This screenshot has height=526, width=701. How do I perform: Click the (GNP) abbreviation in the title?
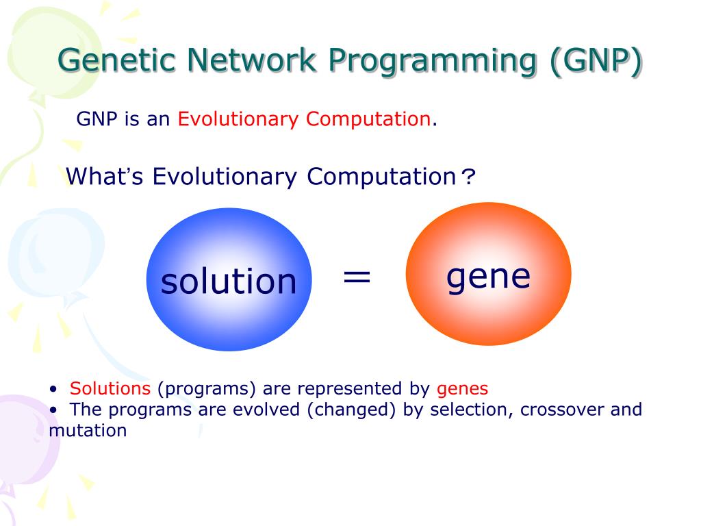coord(595,61)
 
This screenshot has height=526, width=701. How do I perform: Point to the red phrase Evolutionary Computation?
coord(304,119)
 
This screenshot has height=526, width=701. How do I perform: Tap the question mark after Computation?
coord(468,178)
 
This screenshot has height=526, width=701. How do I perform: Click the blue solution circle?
coord(229,280)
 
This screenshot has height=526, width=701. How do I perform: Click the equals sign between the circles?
coord(357,277)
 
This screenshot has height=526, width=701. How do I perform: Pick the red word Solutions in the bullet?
coord(110,389)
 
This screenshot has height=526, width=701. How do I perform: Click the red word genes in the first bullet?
coord(463,389)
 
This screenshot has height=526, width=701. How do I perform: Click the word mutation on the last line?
coord(88,431)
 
